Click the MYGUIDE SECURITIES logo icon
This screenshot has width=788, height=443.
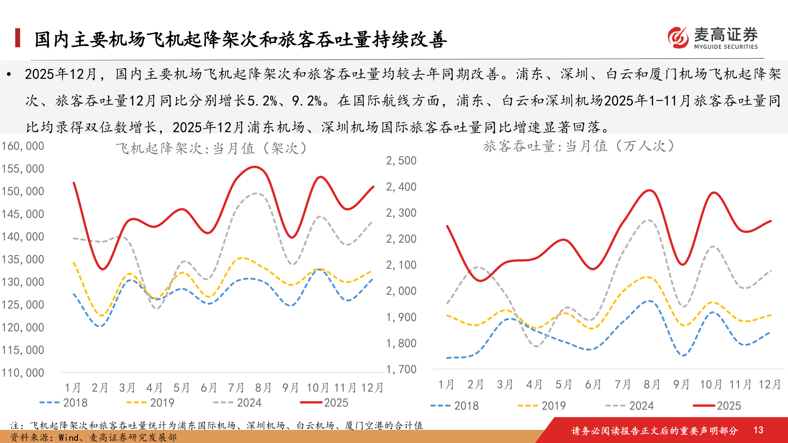678,38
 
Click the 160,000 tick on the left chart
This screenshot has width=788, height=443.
23,146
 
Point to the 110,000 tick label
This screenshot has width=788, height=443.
23,373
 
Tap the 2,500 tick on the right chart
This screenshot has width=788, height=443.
401,160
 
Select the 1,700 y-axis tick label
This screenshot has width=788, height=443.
401,369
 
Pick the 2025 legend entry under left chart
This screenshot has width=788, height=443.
324,403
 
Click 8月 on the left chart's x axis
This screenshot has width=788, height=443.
263,388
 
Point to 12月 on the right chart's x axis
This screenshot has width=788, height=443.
769,384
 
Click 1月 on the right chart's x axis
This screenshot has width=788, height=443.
446,384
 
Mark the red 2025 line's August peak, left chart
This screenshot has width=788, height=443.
254,167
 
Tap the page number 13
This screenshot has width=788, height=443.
758,430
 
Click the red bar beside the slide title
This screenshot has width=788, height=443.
18,38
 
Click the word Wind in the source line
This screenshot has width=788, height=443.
68,437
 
